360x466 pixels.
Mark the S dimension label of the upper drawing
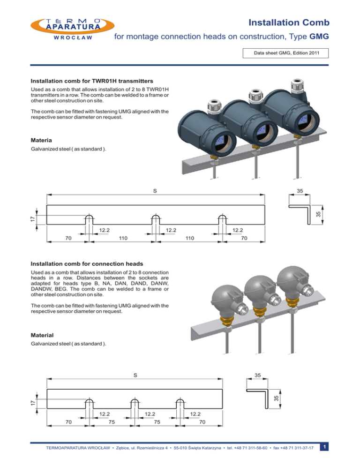tap(155, 191)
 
